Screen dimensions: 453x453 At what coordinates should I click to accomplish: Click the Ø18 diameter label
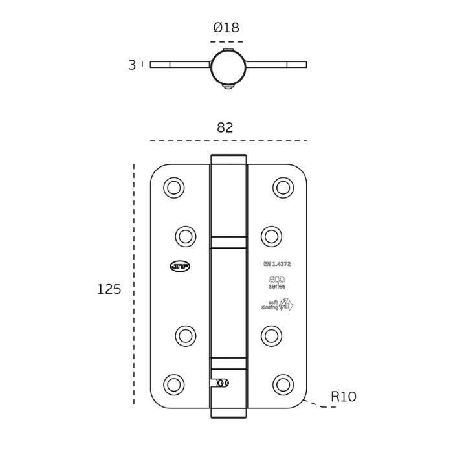pos(226,28)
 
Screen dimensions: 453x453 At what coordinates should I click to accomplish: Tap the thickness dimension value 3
pos(132,65)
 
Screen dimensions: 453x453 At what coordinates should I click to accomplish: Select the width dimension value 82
pos(225,128)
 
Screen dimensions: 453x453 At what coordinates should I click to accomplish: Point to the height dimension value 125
pos(109,289)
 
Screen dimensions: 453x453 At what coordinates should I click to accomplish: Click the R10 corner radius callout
pos(343,397)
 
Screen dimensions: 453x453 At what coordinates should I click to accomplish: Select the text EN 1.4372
pos(277,264)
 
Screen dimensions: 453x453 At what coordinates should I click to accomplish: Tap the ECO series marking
pos(277,282)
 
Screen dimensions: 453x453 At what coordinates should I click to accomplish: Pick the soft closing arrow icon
pos(285,305)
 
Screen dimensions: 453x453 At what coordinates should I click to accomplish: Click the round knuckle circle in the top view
pos(228,67)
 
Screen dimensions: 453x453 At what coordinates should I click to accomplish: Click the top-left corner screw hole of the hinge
pos(173,188)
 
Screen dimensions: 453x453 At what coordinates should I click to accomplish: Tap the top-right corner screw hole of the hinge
pos(283,188)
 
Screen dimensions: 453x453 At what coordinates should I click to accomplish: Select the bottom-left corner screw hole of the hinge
pos(173,384)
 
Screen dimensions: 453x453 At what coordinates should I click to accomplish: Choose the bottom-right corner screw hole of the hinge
pos(283,384)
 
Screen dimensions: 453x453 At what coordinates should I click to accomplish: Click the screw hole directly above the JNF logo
pos(186,236)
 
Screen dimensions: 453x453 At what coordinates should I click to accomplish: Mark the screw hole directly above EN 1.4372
pos(271,236)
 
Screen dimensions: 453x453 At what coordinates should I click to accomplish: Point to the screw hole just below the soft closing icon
pos(271,336)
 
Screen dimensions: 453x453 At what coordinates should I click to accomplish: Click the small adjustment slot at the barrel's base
pos(221,383)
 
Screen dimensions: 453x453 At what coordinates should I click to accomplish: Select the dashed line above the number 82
pos(228,140)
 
